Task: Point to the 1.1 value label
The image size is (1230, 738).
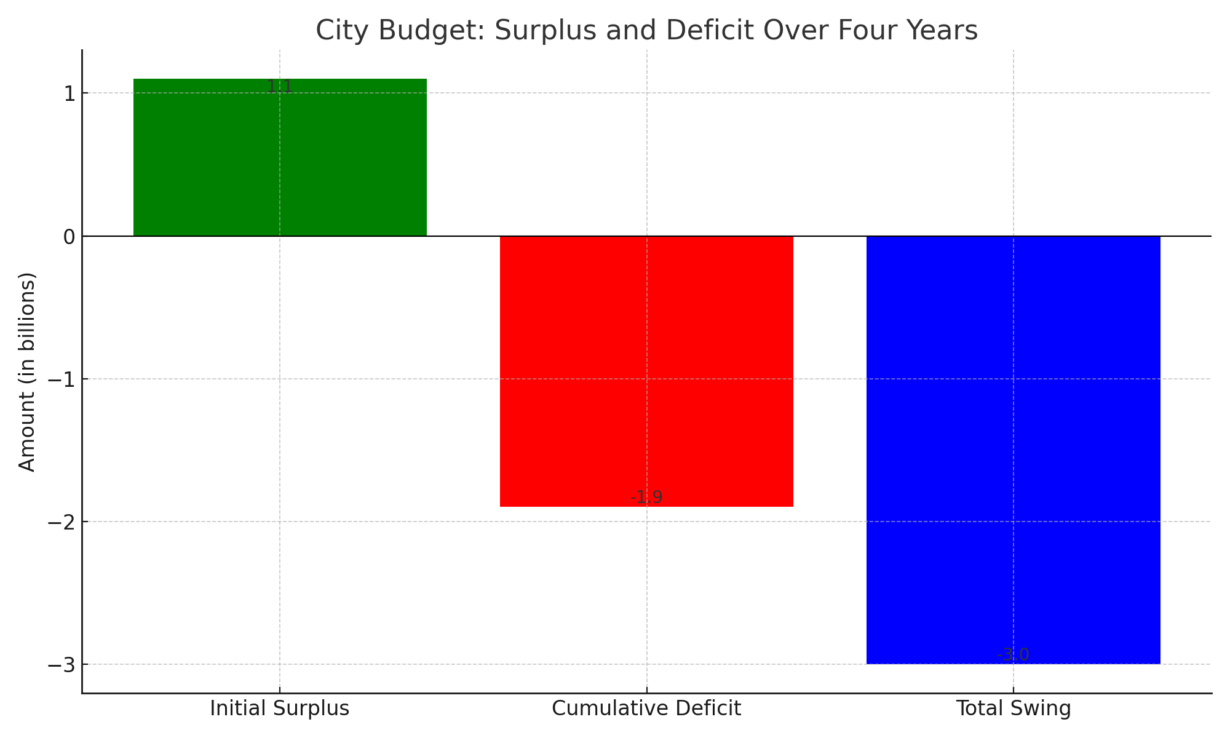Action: point(280,87)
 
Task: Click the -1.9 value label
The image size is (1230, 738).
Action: point(646,498)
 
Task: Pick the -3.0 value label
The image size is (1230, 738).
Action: point(1013,655)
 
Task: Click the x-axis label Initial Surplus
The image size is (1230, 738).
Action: point(280,708)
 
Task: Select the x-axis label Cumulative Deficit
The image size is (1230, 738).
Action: point(646,708)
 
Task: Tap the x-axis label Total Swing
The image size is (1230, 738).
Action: point(1013,708)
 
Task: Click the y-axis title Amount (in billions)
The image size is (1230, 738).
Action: point(28,371)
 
